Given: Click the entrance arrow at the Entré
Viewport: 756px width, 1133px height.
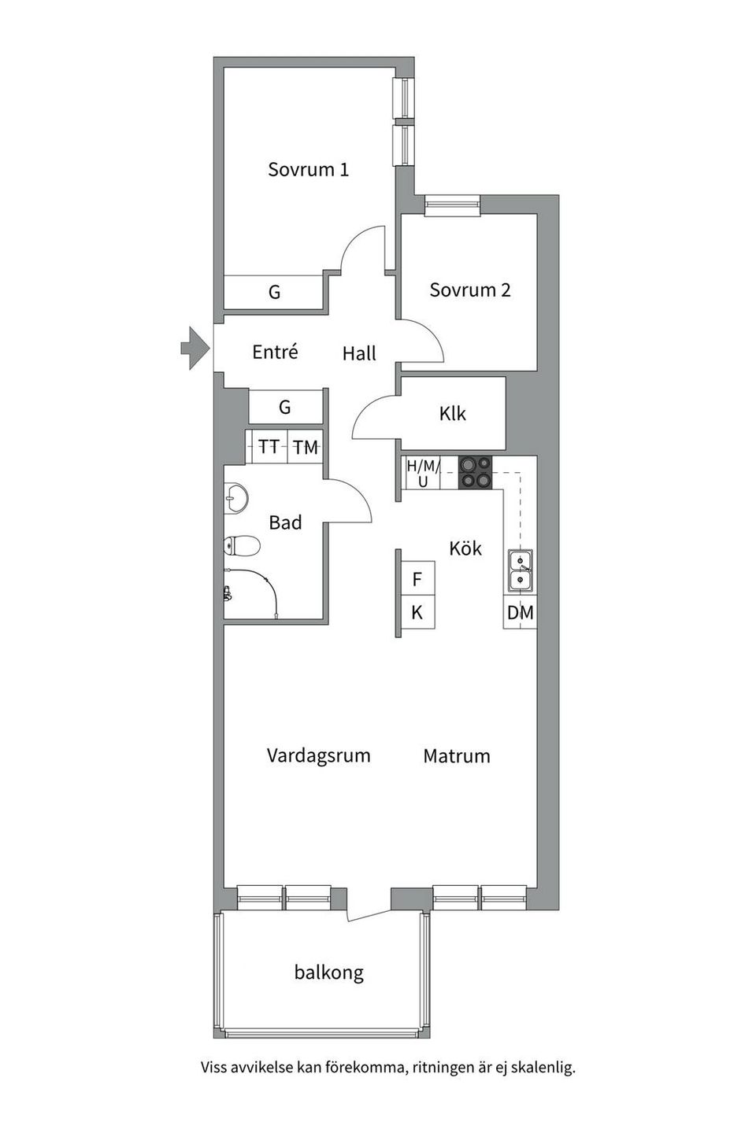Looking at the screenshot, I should [x=192, y=347].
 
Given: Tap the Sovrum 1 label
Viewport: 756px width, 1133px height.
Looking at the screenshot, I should [x=308, y=169].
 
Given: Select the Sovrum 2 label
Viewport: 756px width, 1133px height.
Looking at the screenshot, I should [x=469, y=290].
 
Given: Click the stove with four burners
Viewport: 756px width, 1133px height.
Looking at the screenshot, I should [x=476, y=472].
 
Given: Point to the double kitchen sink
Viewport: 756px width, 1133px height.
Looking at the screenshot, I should [x=520, y=570].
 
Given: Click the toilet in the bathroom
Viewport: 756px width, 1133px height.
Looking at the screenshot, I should [x=241, y=545].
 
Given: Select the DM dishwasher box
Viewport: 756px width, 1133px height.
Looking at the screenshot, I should [x=520, y=612].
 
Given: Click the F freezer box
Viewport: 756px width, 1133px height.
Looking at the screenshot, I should [x=417, y=580].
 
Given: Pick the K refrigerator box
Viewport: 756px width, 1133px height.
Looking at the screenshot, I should [x=417, y=612].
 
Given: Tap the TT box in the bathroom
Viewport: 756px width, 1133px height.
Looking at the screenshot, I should [x=269, y=447].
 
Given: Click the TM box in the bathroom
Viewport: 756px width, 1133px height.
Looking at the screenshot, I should [x=306, y=447].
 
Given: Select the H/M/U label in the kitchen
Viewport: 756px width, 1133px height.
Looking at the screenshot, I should [x=423, y=473].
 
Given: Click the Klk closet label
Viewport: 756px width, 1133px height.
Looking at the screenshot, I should [x=453, y=413].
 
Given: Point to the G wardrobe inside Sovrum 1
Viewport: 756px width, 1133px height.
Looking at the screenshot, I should [x=274, y=293].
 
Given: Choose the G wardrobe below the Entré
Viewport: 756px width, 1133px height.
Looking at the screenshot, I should [x=285, y=407].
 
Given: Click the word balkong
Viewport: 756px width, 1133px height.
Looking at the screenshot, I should [x=328, y=972].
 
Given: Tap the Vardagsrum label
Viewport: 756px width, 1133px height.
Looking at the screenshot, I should [x=318, y=755].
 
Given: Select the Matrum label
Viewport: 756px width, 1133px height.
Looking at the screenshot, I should [x=456, y=756].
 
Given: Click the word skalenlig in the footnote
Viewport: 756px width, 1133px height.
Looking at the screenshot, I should [x=543, y=1068].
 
